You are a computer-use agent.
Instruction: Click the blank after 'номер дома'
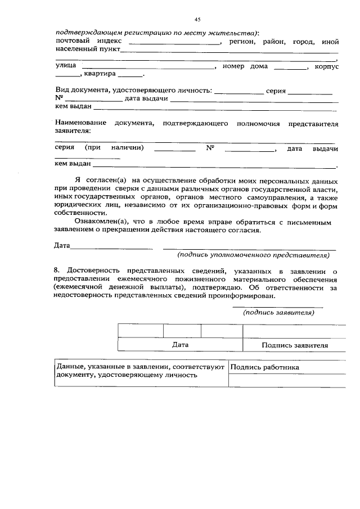(290, 69)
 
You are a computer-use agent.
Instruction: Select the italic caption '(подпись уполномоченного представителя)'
(253, 255)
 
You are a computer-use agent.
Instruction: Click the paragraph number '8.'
(58, 271)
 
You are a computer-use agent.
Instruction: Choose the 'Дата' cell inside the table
(180, 345)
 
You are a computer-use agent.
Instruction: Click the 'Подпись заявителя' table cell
(295, 345)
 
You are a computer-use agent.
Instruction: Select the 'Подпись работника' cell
(264, 367)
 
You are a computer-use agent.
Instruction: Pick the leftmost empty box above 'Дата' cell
(141, 331)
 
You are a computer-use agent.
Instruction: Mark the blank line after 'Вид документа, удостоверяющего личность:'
(239, 91)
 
